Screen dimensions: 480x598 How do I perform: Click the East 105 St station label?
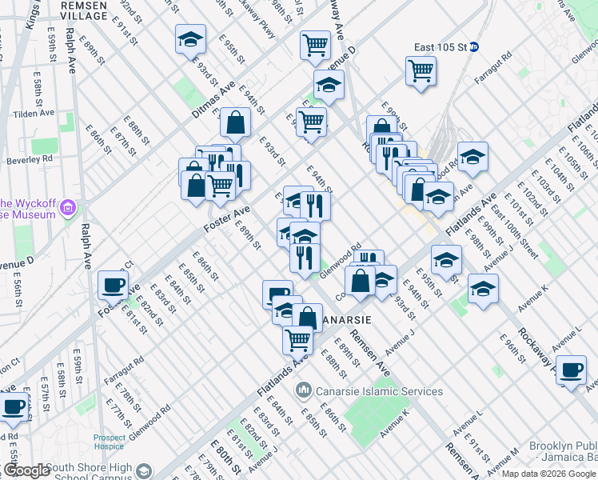435,46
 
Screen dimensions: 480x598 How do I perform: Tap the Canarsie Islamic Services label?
379,391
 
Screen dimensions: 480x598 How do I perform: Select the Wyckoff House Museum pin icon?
67,209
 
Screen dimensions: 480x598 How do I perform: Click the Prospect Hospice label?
110,442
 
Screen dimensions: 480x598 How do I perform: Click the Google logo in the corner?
26,470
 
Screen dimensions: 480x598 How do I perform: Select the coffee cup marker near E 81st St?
113,285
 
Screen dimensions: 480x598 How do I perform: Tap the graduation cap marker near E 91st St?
191,39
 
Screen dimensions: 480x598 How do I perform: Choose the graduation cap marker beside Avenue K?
483,289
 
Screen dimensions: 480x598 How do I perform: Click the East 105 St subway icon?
473,46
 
